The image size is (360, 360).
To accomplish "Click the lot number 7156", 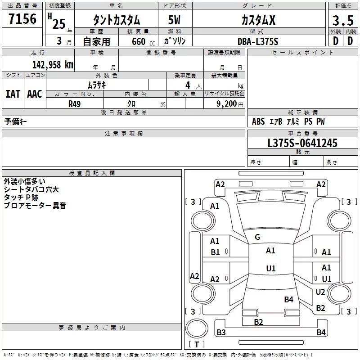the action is pyautogui.click(x=22, y=19).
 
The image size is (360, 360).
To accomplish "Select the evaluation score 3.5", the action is pyautogui.click(x=343, y=21).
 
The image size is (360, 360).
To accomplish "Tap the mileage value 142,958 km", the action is pyautogui.click(x=53, y=65).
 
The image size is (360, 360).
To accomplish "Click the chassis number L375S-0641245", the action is pyautogui.click(x=302, y=143).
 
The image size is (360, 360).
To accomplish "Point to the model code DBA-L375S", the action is pyautogui.click(x=258, y=41).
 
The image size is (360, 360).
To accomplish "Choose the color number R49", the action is pyautogui.click(x=74, y=104).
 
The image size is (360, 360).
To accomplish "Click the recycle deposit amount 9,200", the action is pyautogui.click(x=227, y=104).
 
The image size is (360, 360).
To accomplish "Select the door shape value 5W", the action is pyautogui.click(x=174, y=20).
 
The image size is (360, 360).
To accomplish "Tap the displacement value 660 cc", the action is pyautogui.click(x=143, y=41).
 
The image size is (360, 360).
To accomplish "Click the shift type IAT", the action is pyautogui.click(x=13, y=94).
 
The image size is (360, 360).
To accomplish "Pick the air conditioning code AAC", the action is pyautogui.click(x=35, y=94).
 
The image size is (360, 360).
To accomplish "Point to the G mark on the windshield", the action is pyautogui.click(x=257, y=237).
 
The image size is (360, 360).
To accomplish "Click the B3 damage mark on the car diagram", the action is pyautogui.click(x=221, y=332).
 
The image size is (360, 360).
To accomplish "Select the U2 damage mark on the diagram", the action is pyautogui.click(x=320, y=292).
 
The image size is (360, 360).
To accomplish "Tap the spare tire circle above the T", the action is pyautogui.click(x=197, y=328).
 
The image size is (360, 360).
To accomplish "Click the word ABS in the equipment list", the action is pyautogui.click(x=258, y=121).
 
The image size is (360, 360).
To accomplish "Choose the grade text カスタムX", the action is pyautogui.click(x=258, y=20).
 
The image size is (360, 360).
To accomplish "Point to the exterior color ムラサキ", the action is pyautogui.click(x=97, y=85).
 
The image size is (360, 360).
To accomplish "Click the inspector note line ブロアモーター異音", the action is pyautogui.click(x=35, y=205).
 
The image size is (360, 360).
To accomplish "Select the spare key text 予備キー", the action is pyautogui.click(x=15, y=121).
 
